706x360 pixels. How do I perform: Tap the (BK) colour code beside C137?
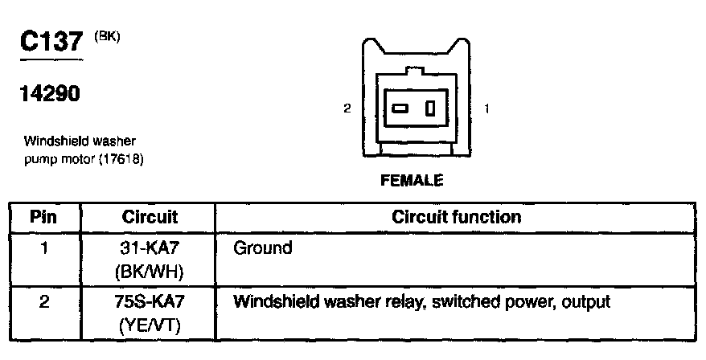[107, 35]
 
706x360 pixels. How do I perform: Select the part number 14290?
[49, 94]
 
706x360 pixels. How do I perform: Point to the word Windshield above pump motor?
[54, 141]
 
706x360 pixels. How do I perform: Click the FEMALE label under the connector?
[412, 181]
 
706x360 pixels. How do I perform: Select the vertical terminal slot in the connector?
[431, 108]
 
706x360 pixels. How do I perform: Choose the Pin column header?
[44, 217]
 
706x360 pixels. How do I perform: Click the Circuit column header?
[150, 217]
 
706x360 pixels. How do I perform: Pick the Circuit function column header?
[456, 217]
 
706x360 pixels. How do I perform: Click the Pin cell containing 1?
[44, 248]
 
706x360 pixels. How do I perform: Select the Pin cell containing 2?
[44, 303]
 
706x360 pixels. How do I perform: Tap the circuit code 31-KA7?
[150, 248]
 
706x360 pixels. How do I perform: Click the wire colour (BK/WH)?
[150, 272]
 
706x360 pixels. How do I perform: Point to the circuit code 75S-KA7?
[150, 303]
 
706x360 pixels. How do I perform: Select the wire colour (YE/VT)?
[150, 326]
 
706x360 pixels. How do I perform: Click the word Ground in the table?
[262, 248]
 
